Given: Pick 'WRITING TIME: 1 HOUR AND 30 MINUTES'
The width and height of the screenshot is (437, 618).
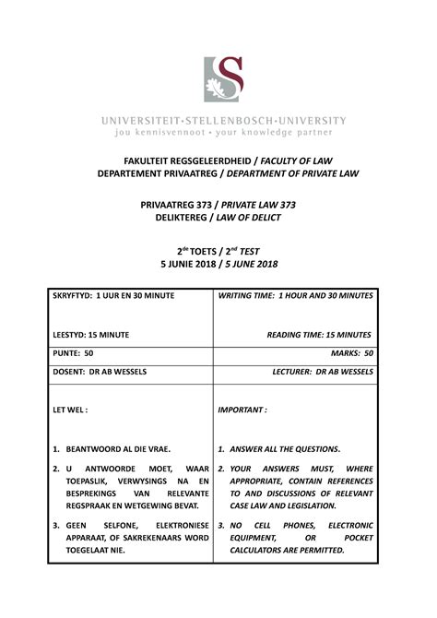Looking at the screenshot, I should [x=295, y=295].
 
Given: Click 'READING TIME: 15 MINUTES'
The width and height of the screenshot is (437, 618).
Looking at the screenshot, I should [x=319, y=335].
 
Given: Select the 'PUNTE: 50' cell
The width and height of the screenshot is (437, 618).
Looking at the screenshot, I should [x=74, y=352].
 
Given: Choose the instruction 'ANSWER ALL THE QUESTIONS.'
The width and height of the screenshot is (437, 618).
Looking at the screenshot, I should [x=285, y=449].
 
